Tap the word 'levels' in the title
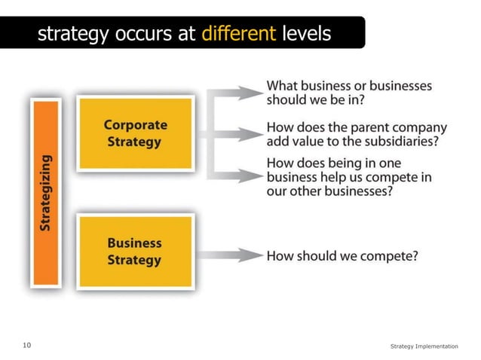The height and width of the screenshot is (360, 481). pos(305,34)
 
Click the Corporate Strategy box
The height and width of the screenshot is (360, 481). pos(136,133)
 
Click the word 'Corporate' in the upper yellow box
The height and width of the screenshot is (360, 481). pos(136,125)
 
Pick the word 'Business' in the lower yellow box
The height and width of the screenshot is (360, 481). pos(134,243)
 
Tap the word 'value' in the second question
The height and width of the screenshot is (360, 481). pos(310,142)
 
